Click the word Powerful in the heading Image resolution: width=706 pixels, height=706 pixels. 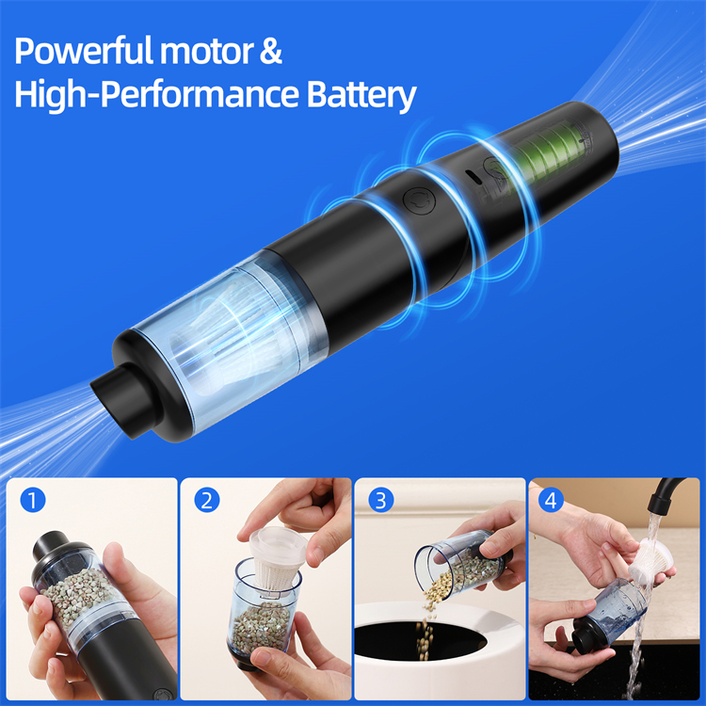pyautogui.click(x=84, y=51)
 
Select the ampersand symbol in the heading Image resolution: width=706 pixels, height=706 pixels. pyautogui.click(x=271, y=51)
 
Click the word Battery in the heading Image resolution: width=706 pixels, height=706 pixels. pyautogui.click(x=361, y=96)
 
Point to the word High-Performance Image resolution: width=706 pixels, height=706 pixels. pyautogui.click(x=156, y=96)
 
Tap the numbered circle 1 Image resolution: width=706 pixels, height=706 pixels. pyautogui.click(x=33, y=500)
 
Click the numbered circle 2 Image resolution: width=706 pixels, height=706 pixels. pyautogui.click(x=207, y=500)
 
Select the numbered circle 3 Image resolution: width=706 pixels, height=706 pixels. pyautogui.click(x=381, y=500)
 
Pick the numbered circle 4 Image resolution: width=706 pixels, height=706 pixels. pyautogui.click(x=551, y=500)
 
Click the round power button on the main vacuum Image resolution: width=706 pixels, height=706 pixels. pyautogui.click(x=420, y=201)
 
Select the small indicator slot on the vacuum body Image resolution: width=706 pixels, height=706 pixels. pyautogui.click(x=473, y=177)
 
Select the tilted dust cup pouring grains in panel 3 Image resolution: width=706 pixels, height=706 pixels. pyautogui.click(x=461, y=567)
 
